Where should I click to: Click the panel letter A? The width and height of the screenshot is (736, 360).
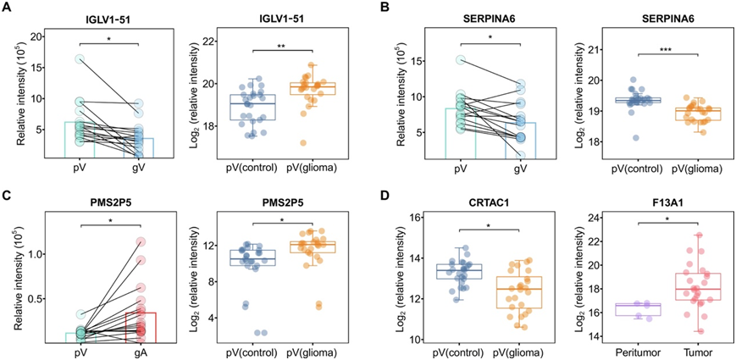coord(7,9)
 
